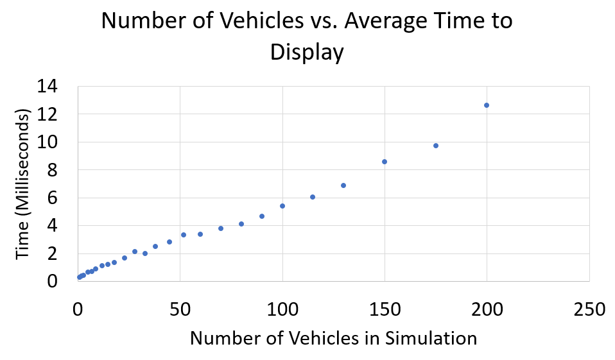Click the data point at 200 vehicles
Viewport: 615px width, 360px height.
point(487,105)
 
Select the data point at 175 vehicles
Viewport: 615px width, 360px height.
point(436,146)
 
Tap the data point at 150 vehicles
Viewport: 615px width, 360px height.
point(385,162)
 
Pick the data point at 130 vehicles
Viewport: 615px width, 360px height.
point(343,185)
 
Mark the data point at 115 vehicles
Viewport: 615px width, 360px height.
point(313,197)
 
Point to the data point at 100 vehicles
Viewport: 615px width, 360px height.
point(282,206)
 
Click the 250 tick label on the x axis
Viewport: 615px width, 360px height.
point(589,309)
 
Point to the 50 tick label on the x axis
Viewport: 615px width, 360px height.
point(180,309)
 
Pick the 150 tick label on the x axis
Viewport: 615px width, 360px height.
point(385,309)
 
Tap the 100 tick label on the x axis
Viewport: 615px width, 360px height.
point(282,309)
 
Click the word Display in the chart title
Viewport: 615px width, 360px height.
point(307,53)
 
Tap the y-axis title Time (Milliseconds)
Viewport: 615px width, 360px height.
point(24,184)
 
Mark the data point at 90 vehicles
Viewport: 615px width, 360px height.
point(262,216)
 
